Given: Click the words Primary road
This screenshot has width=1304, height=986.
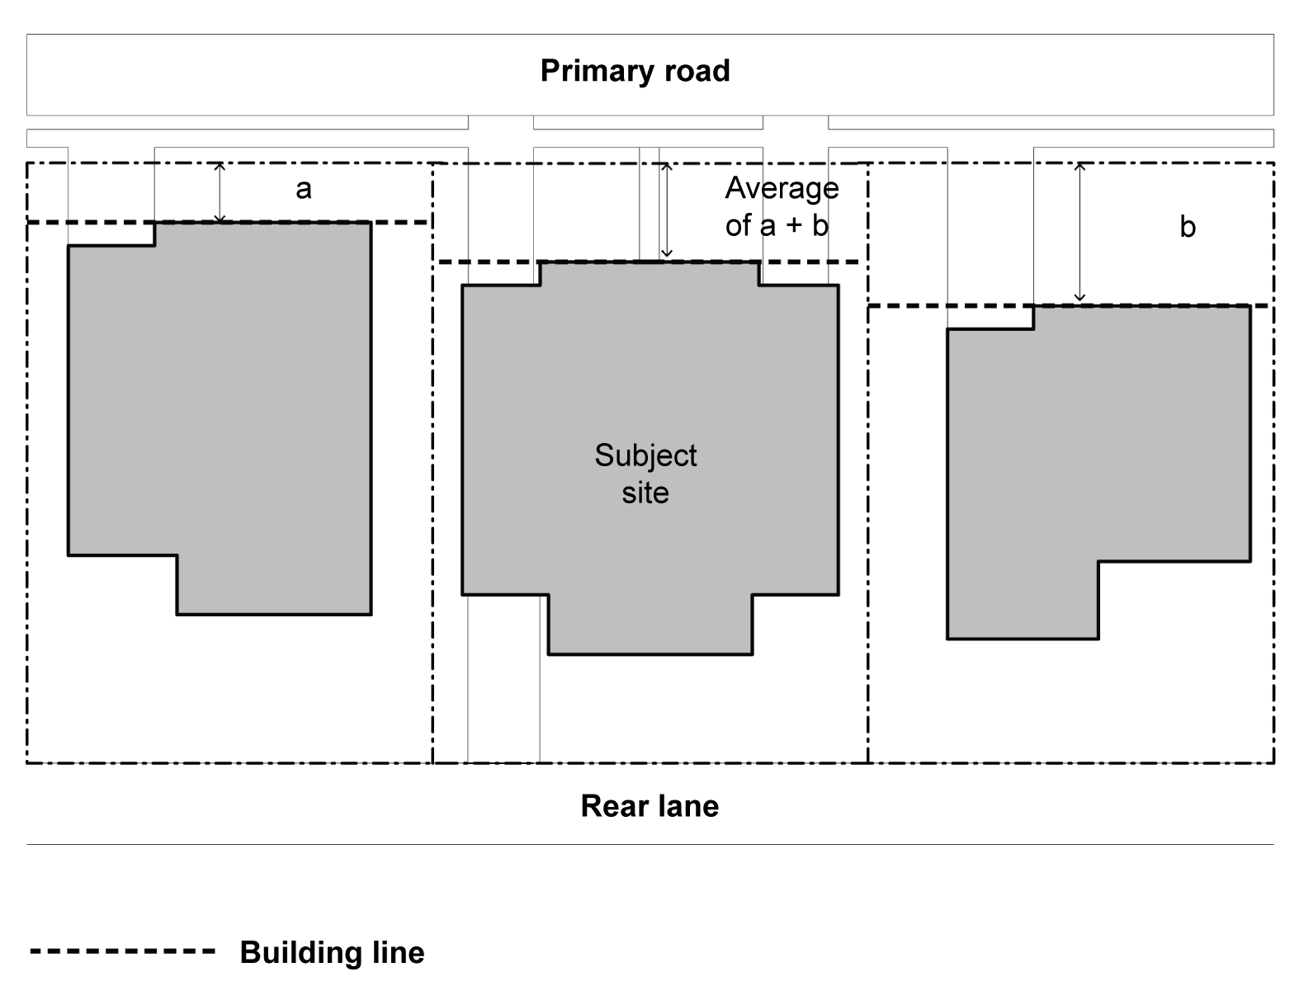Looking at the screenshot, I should click(x=635, y=71).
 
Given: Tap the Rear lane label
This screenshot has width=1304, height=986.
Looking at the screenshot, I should click(x=650, y=806).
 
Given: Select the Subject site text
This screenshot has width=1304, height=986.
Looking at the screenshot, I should click(x=645, y=474).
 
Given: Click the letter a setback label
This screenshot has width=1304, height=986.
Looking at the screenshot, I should click(x=304, y=189).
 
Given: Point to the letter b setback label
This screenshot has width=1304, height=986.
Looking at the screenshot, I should click(x=1187, y=226).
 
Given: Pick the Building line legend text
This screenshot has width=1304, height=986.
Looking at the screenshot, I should click(x=332, y=952).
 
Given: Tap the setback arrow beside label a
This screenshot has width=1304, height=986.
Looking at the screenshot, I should click(x=220, y=192).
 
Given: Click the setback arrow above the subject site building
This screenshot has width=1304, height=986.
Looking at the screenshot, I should click(x=666, y=210).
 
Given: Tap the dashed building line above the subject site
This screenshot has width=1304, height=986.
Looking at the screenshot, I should click(x=495, y=262).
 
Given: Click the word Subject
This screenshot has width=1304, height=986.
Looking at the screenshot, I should click(x=645, y=455).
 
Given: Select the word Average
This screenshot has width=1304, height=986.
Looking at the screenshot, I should click(x=782, y=189).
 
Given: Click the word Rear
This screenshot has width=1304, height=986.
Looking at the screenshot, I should click(x=612, y=806).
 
